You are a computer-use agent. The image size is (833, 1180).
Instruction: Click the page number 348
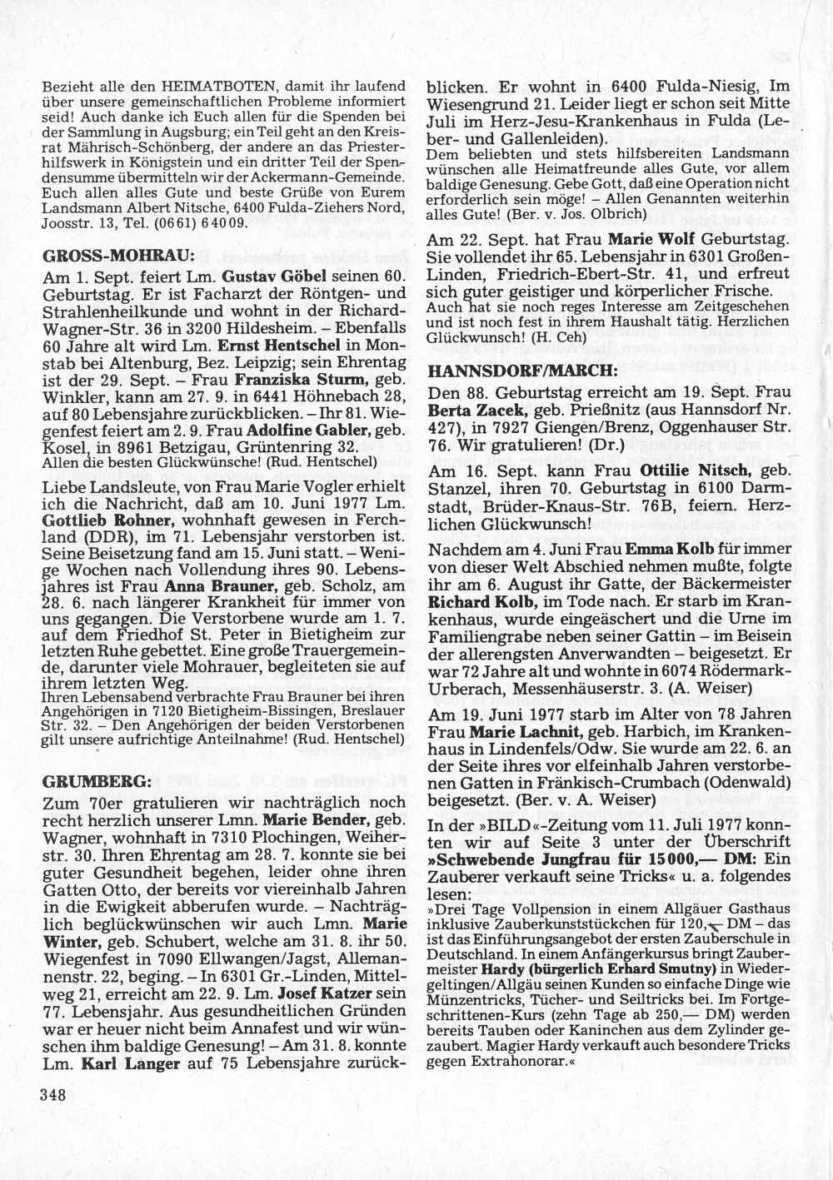[x=52, y=1097]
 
